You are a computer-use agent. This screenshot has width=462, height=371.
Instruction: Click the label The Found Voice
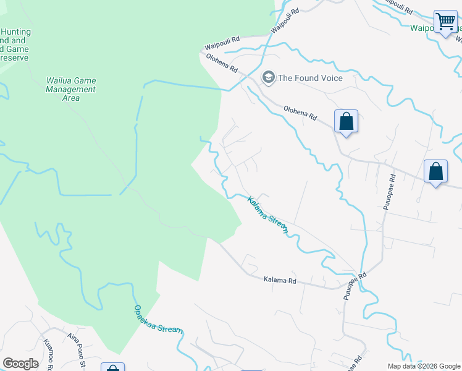point(310,78)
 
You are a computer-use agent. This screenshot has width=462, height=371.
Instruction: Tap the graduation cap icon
point(268,77)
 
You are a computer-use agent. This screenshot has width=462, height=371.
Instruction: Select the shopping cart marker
point(445,22)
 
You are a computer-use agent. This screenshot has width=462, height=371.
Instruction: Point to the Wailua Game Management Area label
point(72,89)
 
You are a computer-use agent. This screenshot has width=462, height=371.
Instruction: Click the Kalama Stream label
point(268,215)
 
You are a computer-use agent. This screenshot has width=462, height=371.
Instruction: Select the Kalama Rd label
point(280,280)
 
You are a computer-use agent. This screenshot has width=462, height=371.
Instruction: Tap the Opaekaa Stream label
point(158,320)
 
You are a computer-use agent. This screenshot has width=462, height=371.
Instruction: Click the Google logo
point(20,364)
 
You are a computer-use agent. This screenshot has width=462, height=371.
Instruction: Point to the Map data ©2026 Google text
point(423,366)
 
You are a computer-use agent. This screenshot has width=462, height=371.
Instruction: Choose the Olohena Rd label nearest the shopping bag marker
point(300,112)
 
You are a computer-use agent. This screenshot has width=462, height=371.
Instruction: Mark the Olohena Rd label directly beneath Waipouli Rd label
point(222,62)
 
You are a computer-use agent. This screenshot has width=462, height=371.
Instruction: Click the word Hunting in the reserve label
point(16,32)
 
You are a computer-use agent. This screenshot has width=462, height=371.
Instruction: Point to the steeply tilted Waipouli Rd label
point(285,20)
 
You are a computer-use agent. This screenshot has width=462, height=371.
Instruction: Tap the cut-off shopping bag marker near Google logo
point(112,367)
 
